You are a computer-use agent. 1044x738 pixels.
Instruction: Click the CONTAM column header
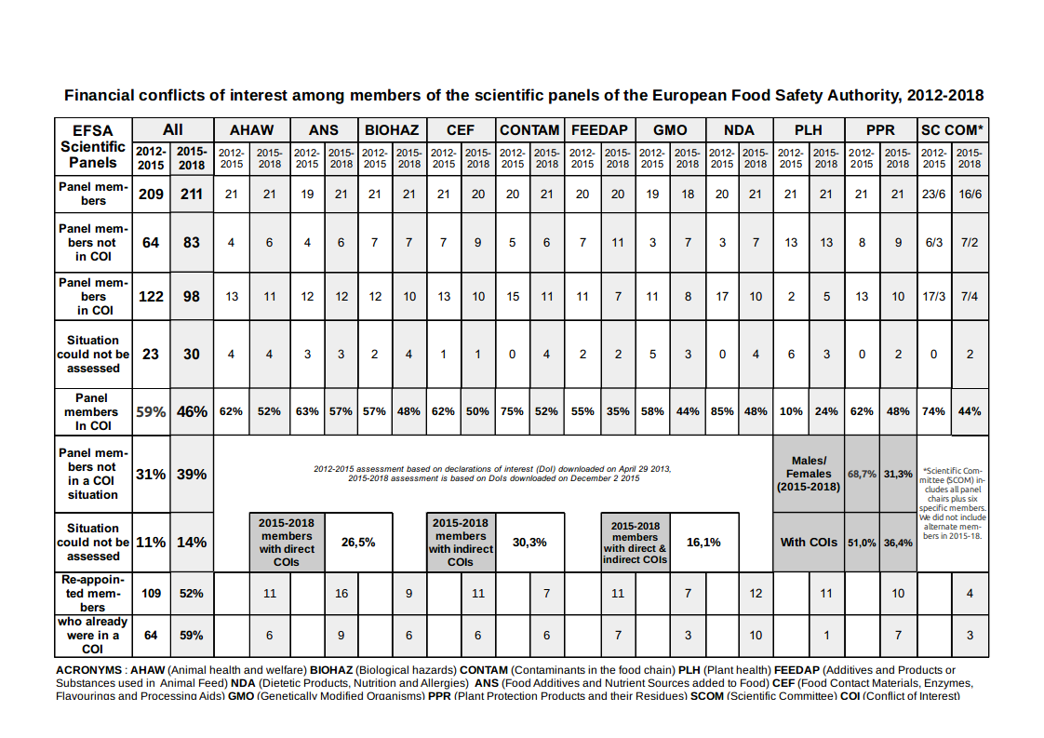point(529,130)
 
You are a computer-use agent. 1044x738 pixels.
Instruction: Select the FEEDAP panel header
point(599,130)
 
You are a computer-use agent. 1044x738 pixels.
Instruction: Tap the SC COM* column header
point(952,130)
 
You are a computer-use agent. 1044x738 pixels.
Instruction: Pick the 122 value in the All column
point(151,296)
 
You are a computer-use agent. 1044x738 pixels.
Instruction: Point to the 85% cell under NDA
point(722,410)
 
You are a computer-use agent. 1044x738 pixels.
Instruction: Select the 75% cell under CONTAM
point(513,410)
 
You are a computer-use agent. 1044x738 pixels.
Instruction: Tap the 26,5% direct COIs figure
point(358,542)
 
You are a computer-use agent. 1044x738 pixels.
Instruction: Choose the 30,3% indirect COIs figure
point(529,542)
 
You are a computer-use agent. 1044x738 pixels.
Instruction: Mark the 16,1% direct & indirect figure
point(703,542)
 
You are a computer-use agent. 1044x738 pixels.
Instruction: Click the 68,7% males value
point(863,474)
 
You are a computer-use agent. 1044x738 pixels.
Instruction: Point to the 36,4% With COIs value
point(898,543)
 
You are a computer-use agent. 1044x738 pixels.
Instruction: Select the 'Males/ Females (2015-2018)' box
point(809,474)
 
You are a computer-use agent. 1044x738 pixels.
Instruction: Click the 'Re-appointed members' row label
point(93,593)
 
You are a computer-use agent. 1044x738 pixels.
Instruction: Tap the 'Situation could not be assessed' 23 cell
point(151,354)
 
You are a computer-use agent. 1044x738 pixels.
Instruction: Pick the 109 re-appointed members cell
point(151,593)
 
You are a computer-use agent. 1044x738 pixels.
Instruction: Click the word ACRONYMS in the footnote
point(88,669)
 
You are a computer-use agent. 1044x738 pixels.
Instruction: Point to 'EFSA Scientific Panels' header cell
point(93,146)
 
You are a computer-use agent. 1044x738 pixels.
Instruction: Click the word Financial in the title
point(98,95)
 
